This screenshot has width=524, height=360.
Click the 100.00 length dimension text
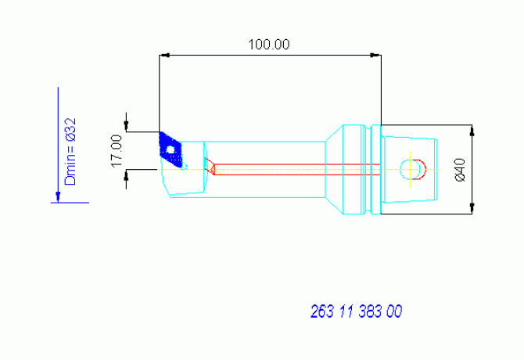(x=269, y=45)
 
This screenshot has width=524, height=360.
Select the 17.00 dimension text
(x=117, y=151)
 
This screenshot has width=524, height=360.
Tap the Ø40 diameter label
(x=460, y=170)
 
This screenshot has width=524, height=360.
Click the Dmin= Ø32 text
(x=70, y=151)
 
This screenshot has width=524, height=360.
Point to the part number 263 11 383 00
(x=356, y=311)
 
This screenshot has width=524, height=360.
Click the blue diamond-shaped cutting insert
(x=170, y=149)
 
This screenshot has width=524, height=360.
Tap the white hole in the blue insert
(x=170, y=149)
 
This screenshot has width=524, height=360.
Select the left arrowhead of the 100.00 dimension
(x=164, y=55)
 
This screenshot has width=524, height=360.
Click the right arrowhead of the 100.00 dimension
(x=375, y=55)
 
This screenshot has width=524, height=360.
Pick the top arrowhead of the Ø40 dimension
(x=472, y=131)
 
